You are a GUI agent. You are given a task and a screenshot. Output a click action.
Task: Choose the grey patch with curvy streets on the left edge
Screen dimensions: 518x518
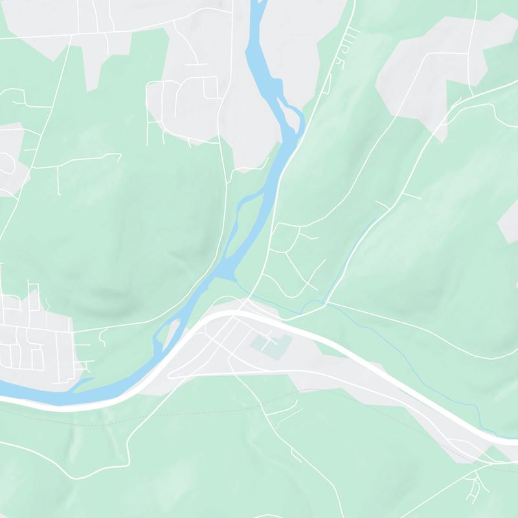[x=10, y=162]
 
